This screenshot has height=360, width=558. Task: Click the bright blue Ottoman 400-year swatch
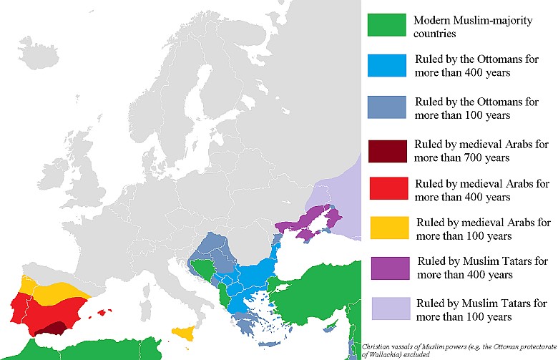pos(388,65)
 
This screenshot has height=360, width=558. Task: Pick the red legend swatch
pos(388,187)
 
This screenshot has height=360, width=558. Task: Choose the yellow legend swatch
pos(388,228)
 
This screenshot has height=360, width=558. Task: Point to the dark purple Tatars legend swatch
pos(388,268)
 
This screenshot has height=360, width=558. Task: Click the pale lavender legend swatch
pos(388,308)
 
